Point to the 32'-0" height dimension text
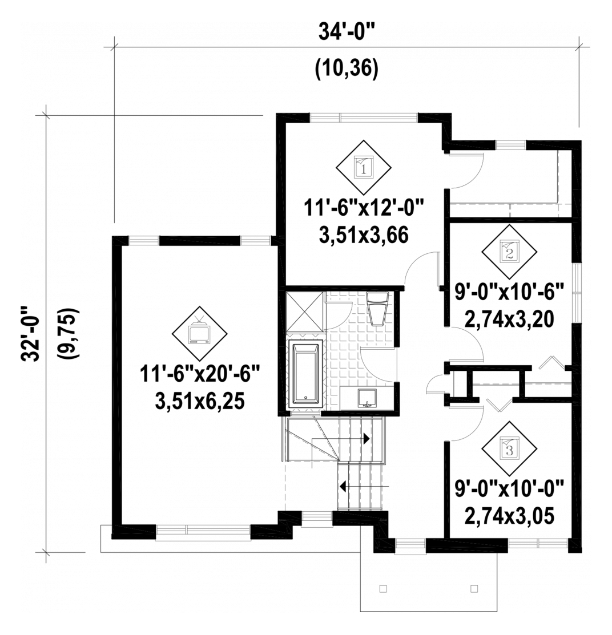pos(30,333)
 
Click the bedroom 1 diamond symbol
pos(364,167)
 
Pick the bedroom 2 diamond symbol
pos(509,252)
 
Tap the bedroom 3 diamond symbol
pos(509,448)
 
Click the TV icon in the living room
pos(199,333)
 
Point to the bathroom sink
pos(367,398)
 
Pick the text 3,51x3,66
pos(364,235)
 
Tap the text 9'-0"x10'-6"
pos(509,292)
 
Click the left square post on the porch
pos(383,588)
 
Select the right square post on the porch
pos(474,588)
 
